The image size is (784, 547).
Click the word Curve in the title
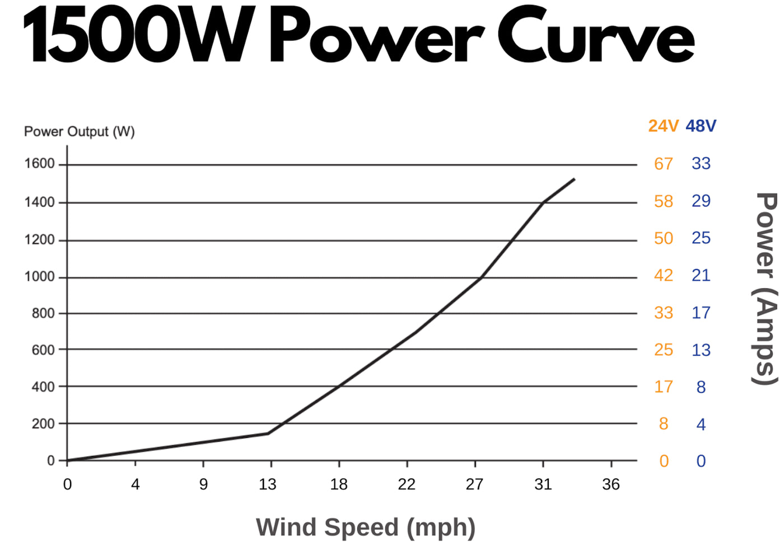596,36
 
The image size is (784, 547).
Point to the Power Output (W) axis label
80,131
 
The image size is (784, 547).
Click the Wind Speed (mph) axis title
366,527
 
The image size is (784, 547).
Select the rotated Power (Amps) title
765,289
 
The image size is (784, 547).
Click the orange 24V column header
663,126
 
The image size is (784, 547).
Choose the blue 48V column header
701,126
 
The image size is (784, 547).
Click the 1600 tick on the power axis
39,164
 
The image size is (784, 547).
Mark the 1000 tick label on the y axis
39,277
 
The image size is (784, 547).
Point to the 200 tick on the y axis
43,424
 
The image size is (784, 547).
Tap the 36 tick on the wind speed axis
611,484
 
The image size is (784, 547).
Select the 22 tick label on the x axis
407,484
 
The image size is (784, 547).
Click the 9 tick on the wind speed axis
203,484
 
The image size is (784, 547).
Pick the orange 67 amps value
664,164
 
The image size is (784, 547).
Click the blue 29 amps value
701,201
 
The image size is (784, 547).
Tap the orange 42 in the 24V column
664,275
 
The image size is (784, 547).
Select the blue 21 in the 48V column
701,275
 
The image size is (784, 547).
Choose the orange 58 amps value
664,201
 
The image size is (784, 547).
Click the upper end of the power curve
574,180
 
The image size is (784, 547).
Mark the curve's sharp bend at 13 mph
268,433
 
